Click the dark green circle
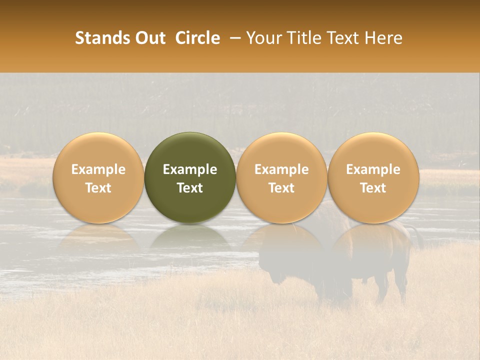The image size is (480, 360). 190,178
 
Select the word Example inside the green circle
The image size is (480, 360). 190,169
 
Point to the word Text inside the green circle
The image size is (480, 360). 190,188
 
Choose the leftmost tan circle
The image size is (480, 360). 98,178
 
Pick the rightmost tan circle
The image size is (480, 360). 373,178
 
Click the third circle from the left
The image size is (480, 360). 281,178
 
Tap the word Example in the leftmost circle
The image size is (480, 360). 98,169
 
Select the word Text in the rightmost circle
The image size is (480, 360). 373,188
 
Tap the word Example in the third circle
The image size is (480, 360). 281,169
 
